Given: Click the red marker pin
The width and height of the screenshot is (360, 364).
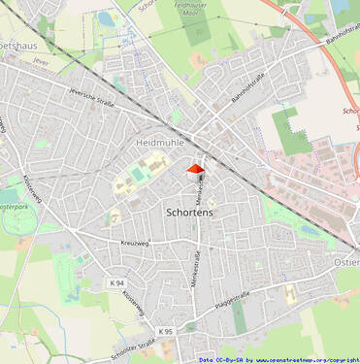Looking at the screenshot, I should tap(196, 172).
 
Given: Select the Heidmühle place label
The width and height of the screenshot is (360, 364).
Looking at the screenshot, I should tap(161, 142).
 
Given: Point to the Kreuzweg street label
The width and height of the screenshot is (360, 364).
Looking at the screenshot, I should tap(138, 242).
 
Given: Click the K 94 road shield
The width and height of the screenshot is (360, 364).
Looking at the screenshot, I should tap(117, 282).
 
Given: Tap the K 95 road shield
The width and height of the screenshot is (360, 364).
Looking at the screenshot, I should tap(166, 331).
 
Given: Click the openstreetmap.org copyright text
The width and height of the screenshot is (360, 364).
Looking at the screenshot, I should tap(301, 359).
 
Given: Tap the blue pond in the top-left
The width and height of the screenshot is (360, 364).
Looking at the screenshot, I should tap(106, 18).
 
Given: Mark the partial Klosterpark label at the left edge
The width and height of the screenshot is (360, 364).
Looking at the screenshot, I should tap(12, 208).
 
